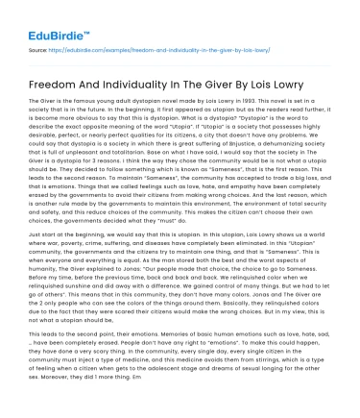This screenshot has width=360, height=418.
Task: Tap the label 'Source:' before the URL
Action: click(38, 45)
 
